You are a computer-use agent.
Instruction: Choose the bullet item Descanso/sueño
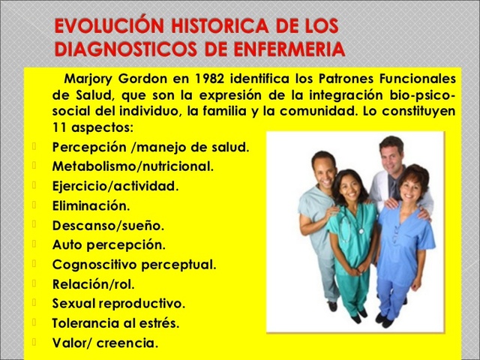108,224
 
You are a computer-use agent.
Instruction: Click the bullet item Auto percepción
109,244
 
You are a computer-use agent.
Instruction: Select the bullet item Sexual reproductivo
118,304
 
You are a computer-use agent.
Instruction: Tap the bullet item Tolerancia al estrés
115,323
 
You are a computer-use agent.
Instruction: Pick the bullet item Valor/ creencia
105,343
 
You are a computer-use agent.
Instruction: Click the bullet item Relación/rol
94,283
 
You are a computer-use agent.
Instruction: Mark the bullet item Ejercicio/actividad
115,185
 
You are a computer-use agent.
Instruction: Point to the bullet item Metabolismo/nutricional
133,166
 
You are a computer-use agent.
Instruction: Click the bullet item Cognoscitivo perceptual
133,264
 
